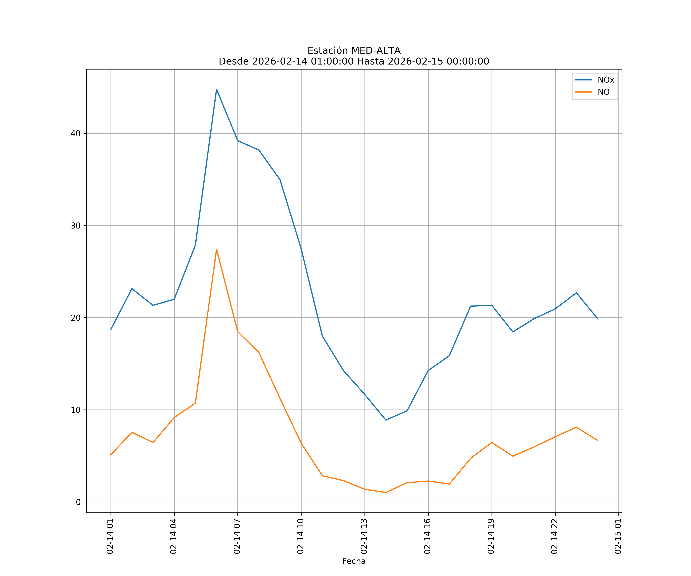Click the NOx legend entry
coord(605,80)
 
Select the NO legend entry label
coord(603,92)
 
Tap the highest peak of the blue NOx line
coord(217,89)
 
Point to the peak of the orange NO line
coord(217,249)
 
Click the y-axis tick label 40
coord(75,134)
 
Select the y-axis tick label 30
coord(75,226)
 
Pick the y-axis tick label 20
coord(75,318)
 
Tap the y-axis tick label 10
coord(75,410)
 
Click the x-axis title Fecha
coord(354,561)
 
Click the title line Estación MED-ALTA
coord(354,51)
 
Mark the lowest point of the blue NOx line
coord(386,420)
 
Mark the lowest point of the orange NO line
coord(386,492)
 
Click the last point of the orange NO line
coord(598,440)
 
